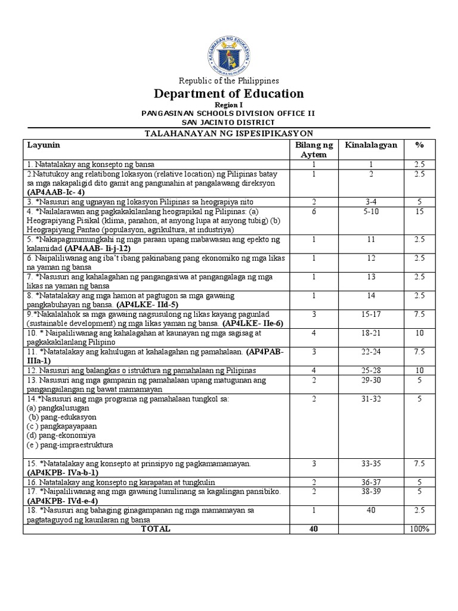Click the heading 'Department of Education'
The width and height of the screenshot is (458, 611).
coord(229,94)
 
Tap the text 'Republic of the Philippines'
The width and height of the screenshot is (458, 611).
coord(229,81)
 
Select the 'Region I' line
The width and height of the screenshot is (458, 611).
coord(229,104)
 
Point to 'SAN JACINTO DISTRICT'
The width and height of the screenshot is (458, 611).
coord(229,122)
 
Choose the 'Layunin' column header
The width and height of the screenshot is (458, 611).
coord(44,145)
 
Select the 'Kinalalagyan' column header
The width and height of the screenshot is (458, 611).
coord(370,145)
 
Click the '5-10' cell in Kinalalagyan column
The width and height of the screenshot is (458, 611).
coord(370,211)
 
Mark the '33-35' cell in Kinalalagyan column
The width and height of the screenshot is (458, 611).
coord(370,463)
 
